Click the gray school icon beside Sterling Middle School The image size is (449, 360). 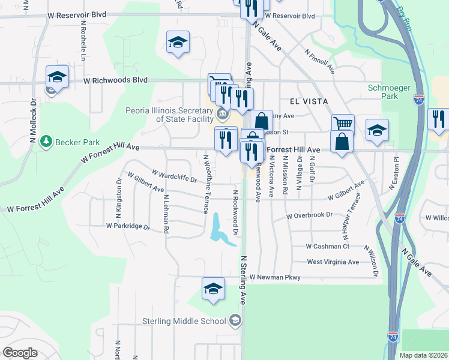tap(236, 320)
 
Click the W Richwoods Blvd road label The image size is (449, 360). tap(115, 79)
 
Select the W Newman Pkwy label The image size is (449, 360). tap(275, 277)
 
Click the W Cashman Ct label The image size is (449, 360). tap(327, 246)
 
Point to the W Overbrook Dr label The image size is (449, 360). tap(309, 215)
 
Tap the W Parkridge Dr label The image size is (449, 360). tap(127, 226)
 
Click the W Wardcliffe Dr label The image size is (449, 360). tap(175, 176)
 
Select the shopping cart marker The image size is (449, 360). tap(343, 123)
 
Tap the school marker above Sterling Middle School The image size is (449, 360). tap(214, 288)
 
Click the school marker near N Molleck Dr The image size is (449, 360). tap(57, 76)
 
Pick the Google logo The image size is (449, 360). tap(20, 353)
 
